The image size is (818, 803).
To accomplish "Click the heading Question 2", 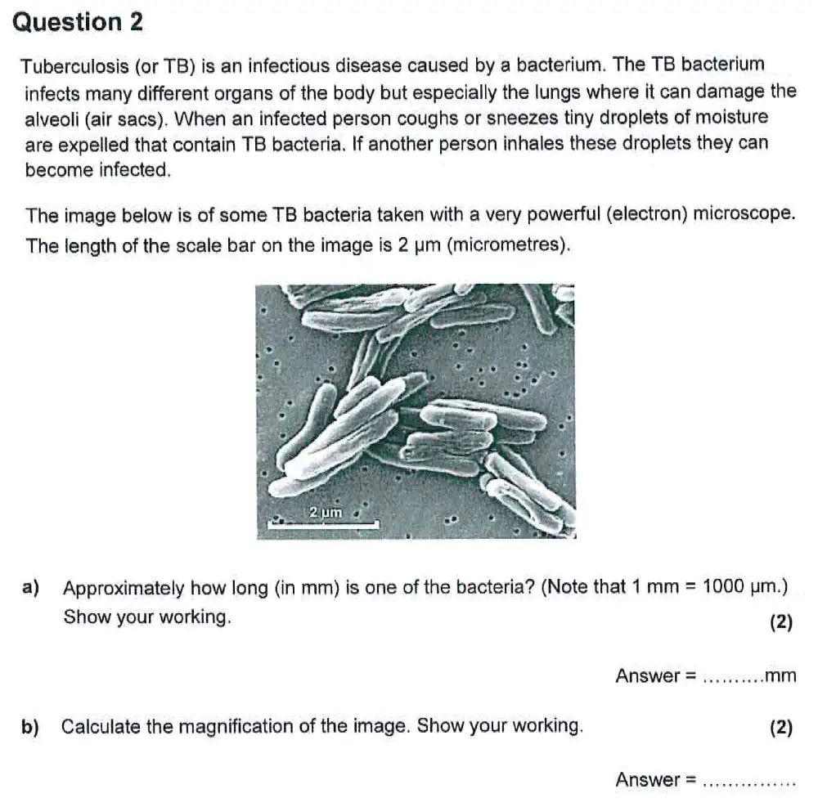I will coord(79,22).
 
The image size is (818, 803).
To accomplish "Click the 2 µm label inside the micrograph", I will coord(325,512).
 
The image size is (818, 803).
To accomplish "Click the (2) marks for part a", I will coord(781,622).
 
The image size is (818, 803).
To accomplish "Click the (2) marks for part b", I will coord(781,728).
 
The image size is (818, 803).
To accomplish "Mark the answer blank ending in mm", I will coord(733,677).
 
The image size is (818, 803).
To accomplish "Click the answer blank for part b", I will coord(748,782).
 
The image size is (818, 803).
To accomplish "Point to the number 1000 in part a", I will coord(722,587).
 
